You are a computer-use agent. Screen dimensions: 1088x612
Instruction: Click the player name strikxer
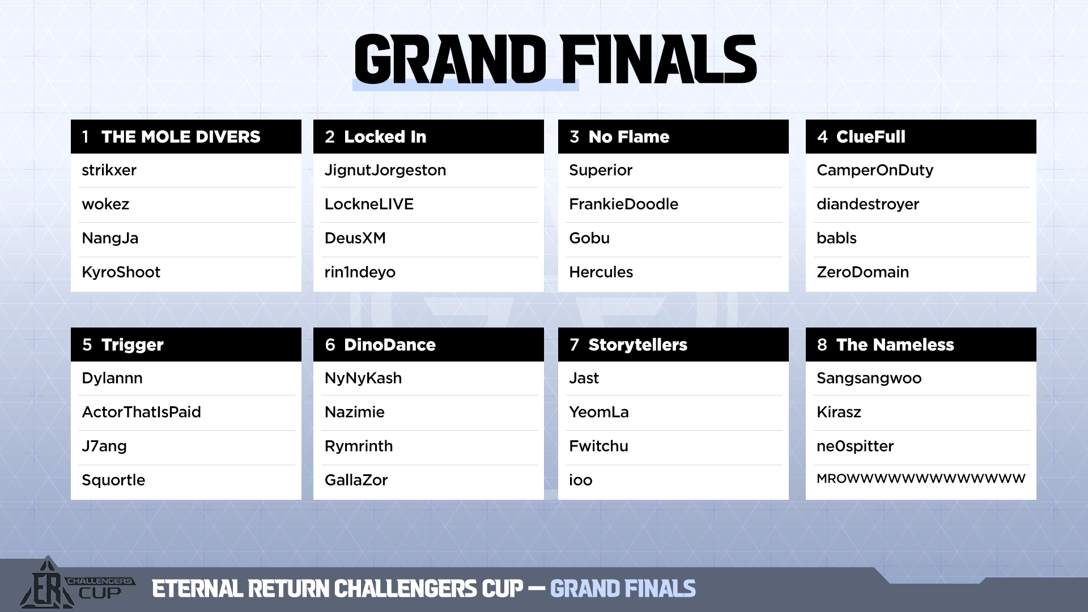tap(109, 170)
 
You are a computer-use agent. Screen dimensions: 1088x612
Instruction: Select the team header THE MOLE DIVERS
tap(181, 137)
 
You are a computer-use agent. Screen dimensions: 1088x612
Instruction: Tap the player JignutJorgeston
tap(385, 171)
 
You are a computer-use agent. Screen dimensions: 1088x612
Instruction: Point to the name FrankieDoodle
tap(623, 204)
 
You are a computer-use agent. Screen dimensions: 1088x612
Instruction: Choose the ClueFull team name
tap(871, 137)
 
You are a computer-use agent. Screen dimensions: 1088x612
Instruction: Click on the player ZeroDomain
tap(862, 272)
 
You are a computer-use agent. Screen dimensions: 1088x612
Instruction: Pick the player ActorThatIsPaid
tap(141, 412)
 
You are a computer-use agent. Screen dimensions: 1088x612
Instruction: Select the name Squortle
tap(113, 481)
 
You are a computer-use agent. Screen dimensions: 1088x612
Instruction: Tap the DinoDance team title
tap(390, 345)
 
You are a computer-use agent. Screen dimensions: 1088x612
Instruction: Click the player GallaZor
tap(356, 480)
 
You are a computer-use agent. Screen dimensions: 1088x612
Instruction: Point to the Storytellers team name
tap(637, 345)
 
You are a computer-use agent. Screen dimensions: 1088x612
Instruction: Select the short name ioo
tap(581, 481)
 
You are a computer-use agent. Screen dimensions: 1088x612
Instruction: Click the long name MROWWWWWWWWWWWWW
tap(921, 479)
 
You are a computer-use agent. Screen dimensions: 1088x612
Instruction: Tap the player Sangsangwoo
tap(869, 379)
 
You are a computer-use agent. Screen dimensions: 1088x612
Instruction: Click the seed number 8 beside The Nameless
tap(822, 345)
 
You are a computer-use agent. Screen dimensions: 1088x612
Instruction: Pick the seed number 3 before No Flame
tap(575, 137)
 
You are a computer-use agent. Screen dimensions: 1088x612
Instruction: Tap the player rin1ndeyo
tap(360, 273)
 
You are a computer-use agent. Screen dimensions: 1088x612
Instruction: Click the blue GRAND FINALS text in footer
tap(623, 589)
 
